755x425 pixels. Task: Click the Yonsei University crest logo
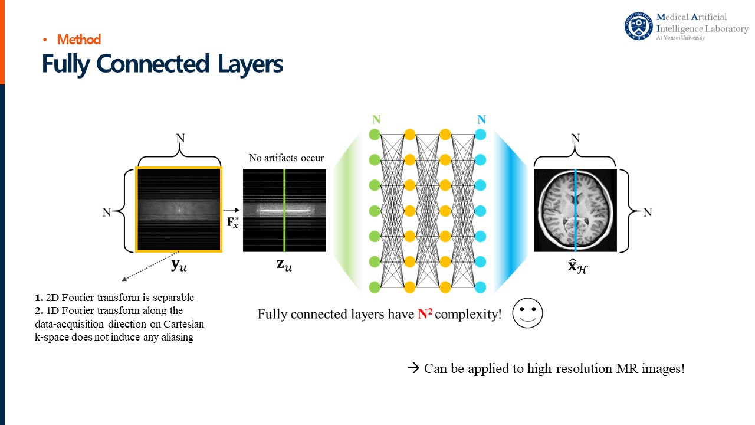pyautogui.click(x=639, y=26)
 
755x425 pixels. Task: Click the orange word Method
pyautogui.click(x=79, y=40)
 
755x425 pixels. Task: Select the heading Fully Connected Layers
pyautogui.click(x=162, y=64)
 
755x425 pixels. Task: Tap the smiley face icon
pyautogui.click(x=527, y=313)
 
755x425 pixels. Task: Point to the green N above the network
pyautogui.click(x=376, y=120)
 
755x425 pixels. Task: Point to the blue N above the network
pyautogui.click(x=481, y=120)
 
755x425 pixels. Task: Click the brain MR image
pyautogui.click(x=575, y=210)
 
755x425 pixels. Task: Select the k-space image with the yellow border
pyautogui.click(x=179, y=210)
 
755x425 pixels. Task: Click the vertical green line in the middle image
pyautogui.click(x=284, y=210)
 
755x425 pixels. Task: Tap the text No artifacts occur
pyautogui.click(x=286, y=158)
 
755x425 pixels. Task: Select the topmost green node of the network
pyautogui.click(x=374, y=135)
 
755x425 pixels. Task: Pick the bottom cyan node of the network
pyautogui.click(x=481, y=287)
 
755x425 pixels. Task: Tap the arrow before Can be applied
pyautogui.click(x=413, y=368)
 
